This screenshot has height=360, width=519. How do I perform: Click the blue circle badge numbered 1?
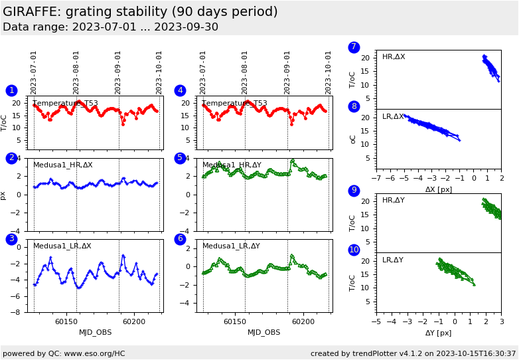[x=11, y=90]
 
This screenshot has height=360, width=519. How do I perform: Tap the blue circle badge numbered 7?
[x=354, y=47]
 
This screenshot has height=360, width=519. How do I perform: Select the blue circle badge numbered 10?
[x=354, y=250]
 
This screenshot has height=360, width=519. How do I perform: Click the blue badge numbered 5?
[x=180, y=158]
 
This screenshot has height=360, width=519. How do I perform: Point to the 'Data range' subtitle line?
[x=110, y=27]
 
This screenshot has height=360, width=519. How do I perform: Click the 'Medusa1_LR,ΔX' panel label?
[x=62, y=246]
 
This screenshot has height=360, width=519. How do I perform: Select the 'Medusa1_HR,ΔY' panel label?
[x=232, y=165]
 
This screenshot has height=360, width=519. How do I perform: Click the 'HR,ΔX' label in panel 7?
[x=394, y=57]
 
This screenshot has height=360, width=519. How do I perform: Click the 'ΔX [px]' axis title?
[x=439, y=189]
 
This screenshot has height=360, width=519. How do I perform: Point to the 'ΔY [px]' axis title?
[x=438, y=333]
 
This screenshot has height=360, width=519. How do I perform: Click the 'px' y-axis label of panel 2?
[x=4, y=195]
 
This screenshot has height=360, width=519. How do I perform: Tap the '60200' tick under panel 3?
[x=133, y=321]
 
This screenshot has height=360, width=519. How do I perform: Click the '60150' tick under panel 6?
[x=234, y=321]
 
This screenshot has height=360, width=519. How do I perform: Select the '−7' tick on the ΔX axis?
[x=376, y=179]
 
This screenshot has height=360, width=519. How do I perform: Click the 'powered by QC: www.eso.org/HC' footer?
[x=64, y=353]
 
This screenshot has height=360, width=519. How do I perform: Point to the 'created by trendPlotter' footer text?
[x=413, y=353]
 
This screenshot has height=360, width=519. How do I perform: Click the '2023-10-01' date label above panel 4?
[x=329, y=73]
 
